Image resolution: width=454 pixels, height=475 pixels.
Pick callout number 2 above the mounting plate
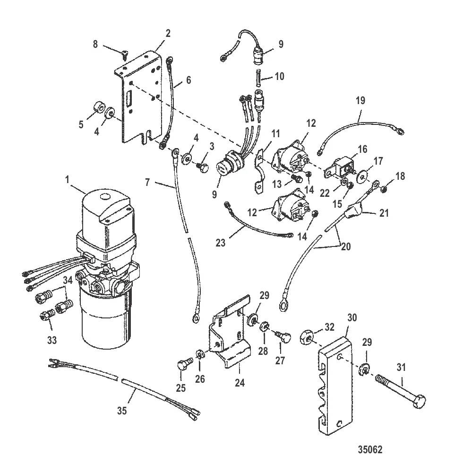[x=168, y=34]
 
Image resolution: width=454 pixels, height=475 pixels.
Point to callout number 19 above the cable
[x=360, y=101]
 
